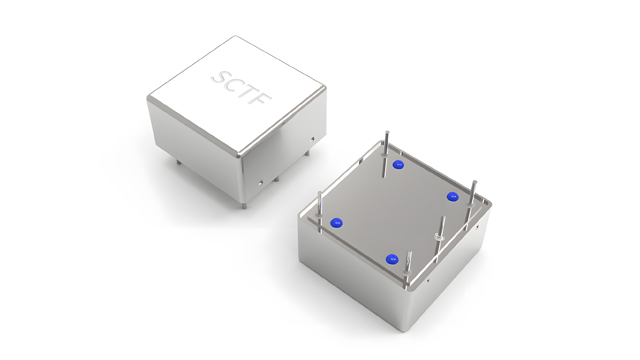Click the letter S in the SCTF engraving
[222, 78]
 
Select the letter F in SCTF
[262, 100]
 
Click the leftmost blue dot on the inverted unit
[336, 223]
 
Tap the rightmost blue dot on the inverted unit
[452, 197]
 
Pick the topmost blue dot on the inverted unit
[398, 164]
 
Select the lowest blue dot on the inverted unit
[391, 259]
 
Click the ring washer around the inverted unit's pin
[439, 236]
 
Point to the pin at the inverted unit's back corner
[386, 154]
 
